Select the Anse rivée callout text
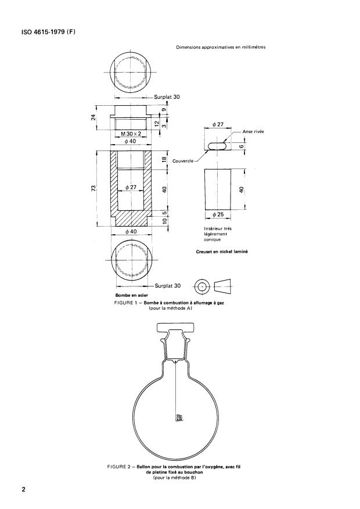[253, 132]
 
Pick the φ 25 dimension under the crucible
[218, 215]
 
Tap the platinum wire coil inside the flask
[179, 417]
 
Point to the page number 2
[24, 490]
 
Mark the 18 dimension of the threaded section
[164, 160]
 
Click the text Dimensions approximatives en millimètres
[221, 47]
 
